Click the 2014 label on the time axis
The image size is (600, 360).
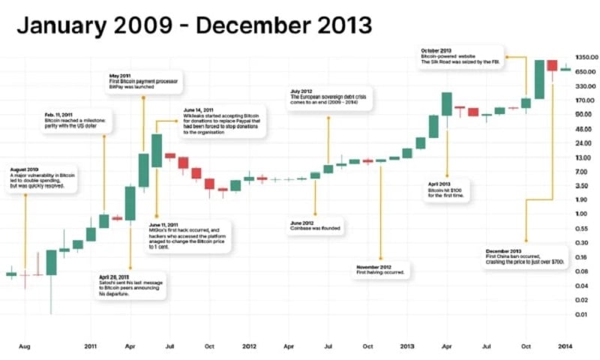[x=564, y=346]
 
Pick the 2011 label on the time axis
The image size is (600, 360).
[x=91, y=346]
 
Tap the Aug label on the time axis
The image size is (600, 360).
[x=25, y=346]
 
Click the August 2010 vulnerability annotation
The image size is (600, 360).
[x=43, y=179]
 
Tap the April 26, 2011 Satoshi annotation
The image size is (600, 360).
[x=130, y=286]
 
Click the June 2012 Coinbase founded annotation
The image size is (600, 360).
[x=315, y=226]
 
